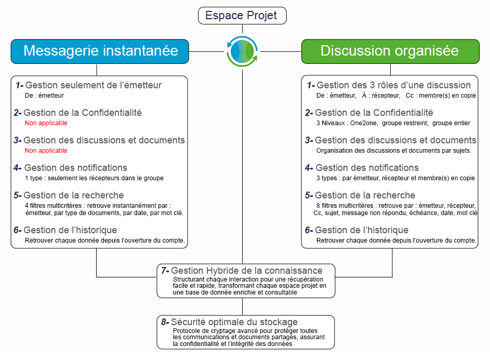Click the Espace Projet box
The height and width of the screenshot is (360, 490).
[x=242, y=16]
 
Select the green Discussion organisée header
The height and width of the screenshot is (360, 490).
[x=390, y=50]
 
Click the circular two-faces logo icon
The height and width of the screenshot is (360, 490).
[x=242, y=51]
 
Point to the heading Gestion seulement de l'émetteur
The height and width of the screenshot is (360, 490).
[x=93, y=85]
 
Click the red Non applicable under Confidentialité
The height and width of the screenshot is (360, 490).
[x=46, y=123]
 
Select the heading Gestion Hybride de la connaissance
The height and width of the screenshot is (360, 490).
[x=246, y=271]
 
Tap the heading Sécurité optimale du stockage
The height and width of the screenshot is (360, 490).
[x=234, y=322]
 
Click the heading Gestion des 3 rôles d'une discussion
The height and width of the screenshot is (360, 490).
[x=393, y=85]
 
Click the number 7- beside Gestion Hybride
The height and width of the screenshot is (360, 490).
[x=165, y=271]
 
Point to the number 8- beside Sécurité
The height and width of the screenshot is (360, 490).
[x=165, y=322]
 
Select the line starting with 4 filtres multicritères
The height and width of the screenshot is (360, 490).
[x=98, y=205]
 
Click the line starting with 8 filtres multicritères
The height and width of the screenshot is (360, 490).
[x=396, y=205]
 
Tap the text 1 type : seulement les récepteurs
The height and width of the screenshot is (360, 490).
[x=94, y=178]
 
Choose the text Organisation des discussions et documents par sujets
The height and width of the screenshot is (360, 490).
[x=393, y=151]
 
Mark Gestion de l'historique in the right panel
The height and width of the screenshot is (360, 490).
[x=362, y=230]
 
